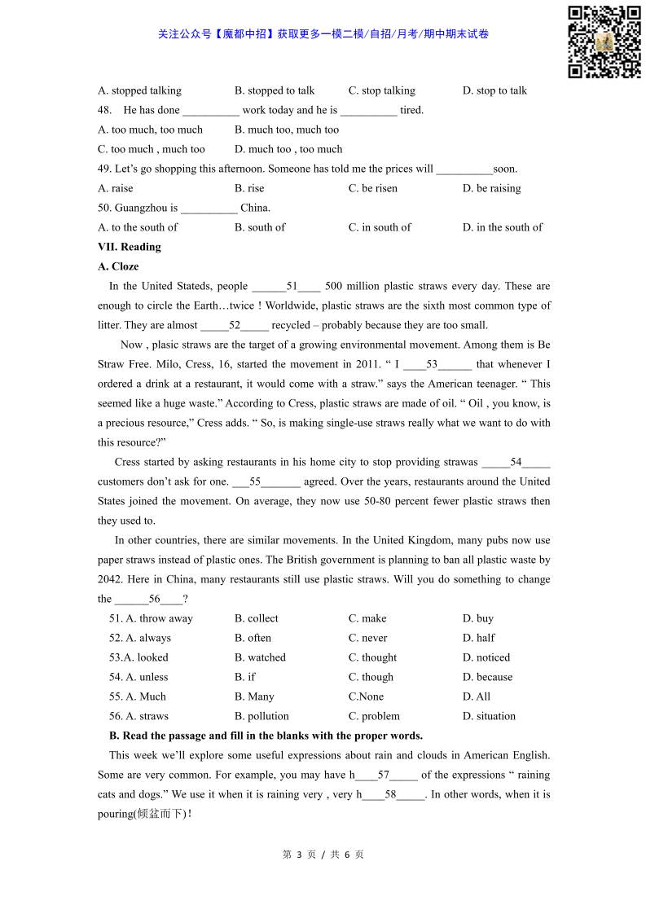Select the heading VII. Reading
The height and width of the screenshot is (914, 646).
click(x=130, y=247)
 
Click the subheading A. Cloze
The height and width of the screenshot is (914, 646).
click(x=118, y=266)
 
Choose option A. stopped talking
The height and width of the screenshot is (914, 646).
click(x=139, y=90)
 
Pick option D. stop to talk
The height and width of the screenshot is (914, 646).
click(x=494, y=90)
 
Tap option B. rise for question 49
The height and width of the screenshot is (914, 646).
click(x=249, y=188)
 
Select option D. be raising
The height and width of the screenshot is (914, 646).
click(x=491, y=188)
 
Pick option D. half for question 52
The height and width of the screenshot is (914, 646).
click(x=478, y=638)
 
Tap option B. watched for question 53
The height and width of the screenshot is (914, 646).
click(x=260, y=657)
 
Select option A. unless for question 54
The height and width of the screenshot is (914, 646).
click(x=138, y=677)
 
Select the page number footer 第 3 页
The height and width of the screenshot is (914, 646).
click(x=298, y=855)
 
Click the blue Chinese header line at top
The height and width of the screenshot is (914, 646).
click(x=323, y=34)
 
